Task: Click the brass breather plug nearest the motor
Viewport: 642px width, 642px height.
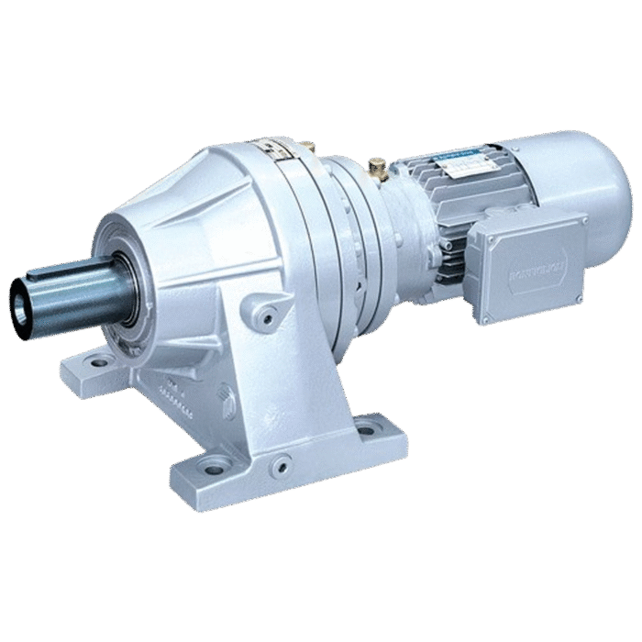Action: point(377,168)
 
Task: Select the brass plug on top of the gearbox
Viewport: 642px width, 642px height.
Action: point(309,146)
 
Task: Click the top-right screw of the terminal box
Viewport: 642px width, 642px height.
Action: point(579,221)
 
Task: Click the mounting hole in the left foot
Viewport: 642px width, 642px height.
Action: point(97,362)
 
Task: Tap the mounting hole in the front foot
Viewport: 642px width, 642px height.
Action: point(214,469)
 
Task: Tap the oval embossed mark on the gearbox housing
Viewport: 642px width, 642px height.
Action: point(227,400)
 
